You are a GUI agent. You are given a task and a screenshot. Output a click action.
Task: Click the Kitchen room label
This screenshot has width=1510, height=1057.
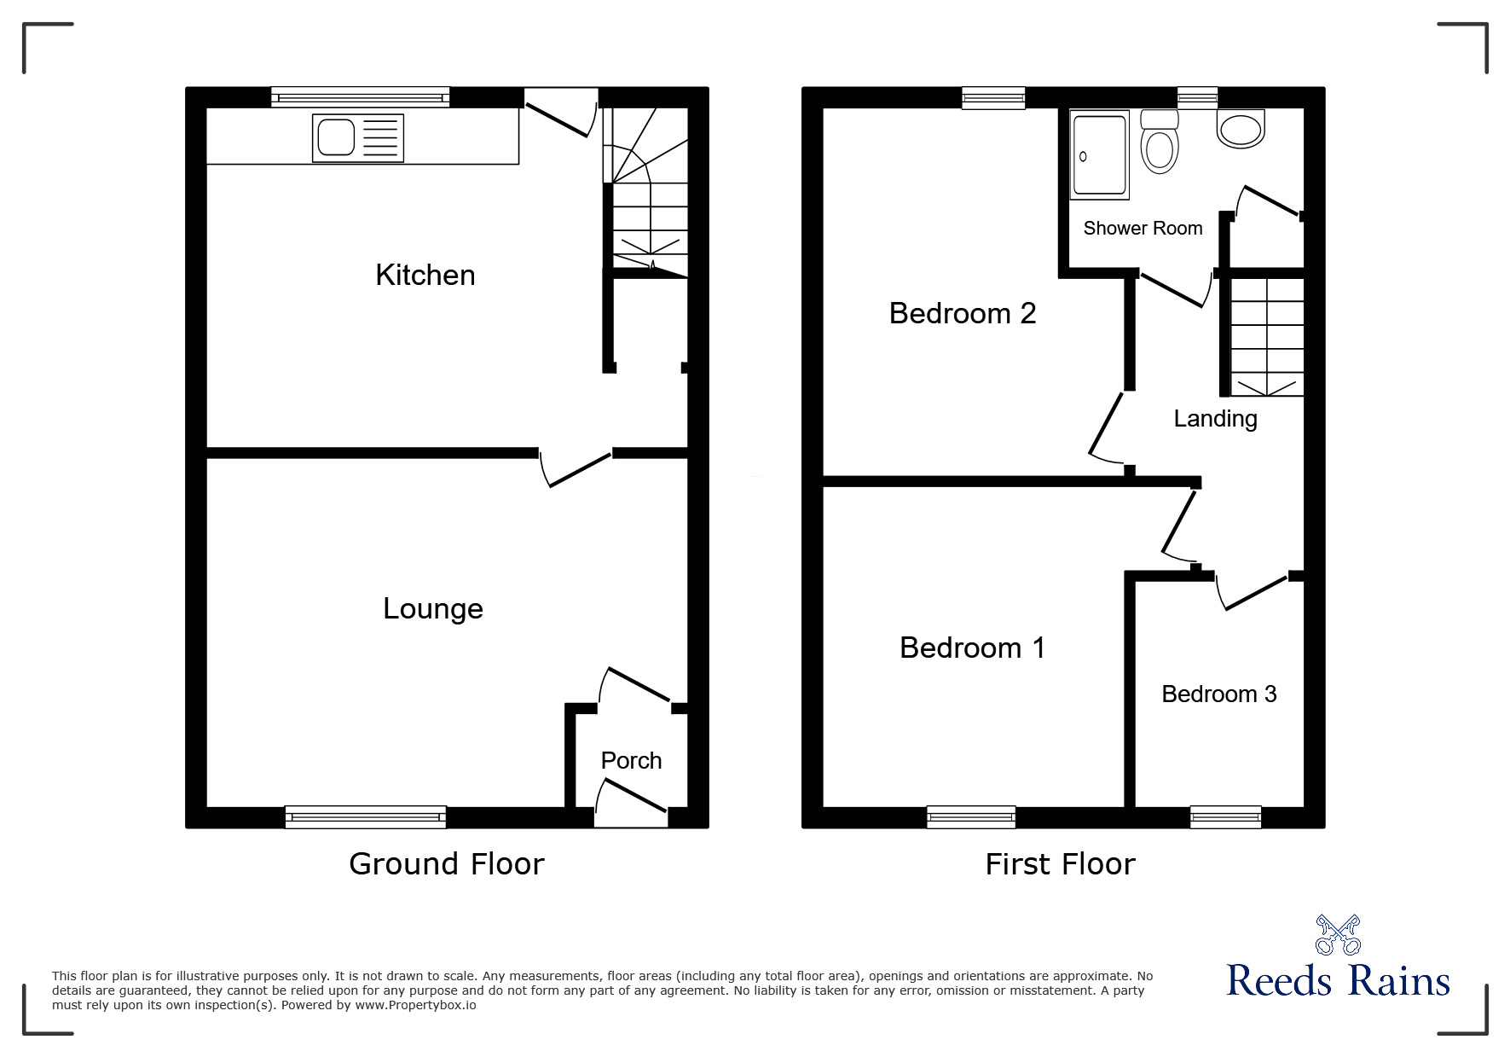tap(425, 275)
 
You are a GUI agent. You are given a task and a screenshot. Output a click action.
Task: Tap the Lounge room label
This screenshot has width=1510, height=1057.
tap(432, 608)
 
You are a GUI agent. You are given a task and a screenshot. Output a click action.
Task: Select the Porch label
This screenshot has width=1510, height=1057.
tap(631, 760)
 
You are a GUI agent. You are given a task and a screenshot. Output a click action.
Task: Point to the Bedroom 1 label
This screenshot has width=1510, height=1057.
tap(972, 648)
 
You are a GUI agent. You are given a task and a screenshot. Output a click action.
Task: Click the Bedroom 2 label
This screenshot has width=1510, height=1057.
tap(962, 313)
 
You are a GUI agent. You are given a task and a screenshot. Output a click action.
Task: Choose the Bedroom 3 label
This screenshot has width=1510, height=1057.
tap(1218, 694)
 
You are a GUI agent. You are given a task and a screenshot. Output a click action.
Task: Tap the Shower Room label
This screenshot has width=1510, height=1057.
tap(1143, 228)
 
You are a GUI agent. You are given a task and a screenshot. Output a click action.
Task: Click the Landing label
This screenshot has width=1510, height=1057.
tap(1215, 418)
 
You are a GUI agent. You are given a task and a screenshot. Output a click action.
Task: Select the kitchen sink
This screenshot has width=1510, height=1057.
tap(358, 137)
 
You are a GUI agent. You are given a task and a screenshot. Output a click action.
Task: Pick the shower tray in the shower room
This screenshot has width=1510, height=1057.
tap(1100, 156)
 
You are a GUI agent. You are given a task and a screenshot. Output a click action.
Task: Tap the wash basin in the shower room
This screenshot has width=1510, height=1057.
tap(1241, 129)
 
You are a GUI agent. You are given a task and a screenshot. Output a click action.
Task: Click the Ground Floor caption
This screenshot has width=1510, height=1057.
tap(446, 864)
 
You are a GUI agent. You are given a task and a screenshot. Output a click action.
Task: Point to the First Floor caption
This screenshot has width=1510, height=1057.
tap(1060, 864)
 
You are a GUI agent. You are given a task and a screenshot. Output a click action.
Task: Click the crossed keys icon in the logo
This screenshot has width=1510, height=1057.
tap(1338, 935)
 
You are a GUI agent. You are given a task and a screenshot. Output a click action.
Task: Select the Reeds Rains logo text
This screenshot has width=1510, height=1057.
tap(1338, 981)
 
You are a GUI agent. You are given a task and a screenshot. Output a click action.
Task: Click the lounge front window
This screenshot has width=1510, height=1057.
tap(365, 817)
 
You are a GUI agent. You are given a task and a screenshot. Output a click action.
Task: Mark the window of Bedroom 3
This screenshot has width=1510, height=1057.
tap(1225, 817)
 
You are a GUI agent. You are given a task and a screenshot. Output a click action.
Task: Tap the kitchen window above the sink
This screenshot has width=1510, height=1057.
tap(360, 97)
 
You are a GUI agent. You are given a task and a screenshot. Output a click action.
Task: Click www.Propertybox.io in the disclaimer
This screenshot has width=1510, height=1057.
tap(415, 1005)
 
